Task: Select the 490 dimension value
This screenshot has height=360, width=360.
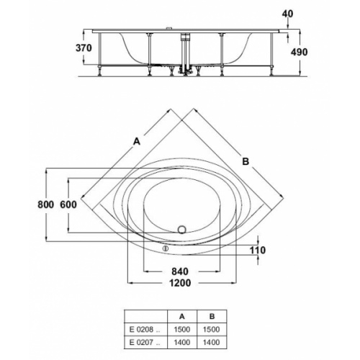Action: (310, 52)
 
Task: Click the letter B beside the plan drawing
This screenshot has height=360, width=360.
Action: (245, 163)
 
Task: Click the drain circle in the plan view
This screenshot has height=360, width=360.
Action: (181, 230)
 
